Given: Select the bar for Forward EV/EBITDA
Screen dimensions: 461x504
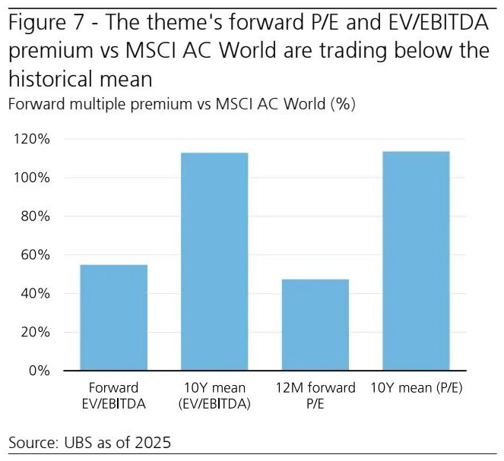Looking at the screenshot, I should (113, 317).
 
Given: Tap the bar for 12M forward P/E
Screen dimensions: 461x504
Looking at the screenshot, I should (315, 325).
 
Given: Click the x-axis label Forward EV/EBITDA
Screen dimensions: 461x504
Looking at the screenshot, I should (113, 395).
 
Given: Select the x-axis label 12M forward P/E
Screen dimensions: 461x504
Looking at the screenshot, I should (315, 395).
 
